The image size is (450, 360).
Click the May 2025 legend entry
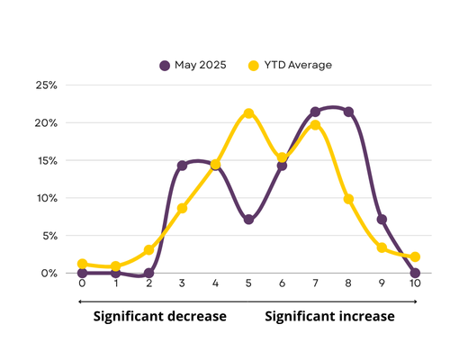click(x=193, y=65)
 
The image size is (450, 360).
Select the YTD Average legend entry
click(x=290, y=65)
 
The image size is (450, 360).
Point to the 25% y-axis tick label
click(x=47, y=85)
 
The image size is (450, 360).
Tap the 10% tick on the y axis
click(x=47, y=198)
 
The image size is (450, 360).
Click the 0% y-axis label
click(x=49, y=274)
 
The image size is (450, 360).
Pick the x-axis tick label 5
click(x=248, y=283)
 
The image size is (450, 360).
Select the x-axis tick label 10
click(x=415, y=283)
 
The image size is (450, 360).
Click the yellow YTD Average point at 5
click(x=248, y=113)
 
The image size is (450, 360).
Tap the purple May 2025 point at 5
click(x=248, y=220)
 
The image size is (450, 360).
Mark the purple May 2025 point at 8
click(x=348, y=112)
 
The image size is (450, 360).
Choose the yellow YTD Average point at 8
click(x=348, y=199)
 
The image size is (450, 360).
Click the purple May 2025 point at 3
click(x=182, y=166)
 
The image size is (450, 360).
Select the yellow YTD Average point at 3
click(x=182, y=208)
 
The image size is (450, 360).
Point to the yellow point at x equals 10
click(x=415, y=256)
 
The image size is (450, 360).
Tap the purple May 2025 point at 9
click(x=382, y=220)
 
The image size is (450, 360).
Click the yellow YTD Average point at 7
click(x=315, y=125)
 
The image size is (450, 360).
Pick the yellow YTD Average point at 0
click(x=82, y=264)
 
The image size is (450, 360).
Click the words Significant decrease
click(x=160, y=317)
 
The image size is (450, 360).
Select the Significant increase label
click(x=329, y=317)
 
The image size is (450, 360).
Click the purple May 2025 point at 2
click(x=148, y=274)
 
